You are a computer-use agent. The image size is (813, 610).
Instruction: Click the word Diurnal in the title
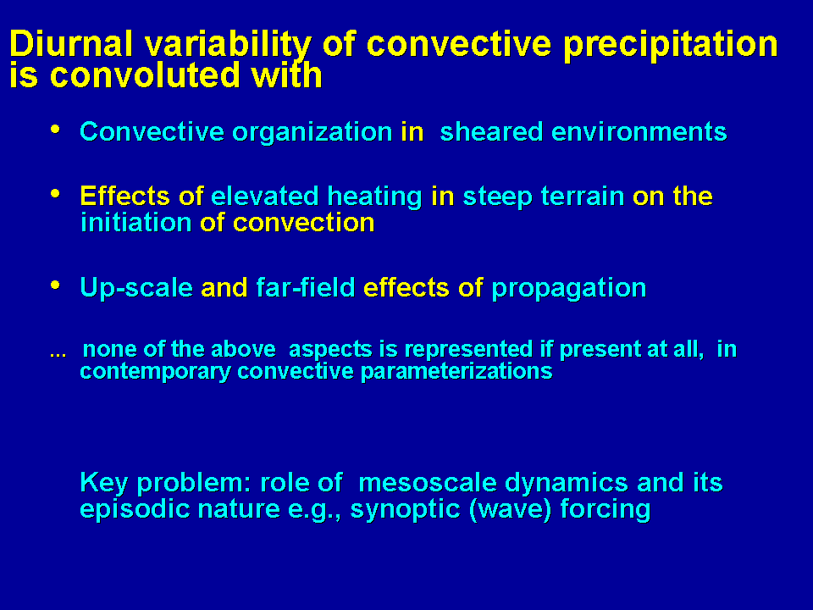[x=71, y=43]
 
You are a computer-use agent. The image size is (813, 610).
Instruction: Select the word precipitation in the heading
[x=671, y=46]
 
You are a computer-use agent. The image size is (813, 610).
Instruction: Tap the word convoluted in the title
[x=145, y=75]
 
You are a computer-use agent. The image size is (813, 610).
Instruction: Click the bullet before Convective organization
[x=56, y=129]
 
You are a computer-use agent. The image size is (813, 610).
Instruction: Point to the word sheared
[x=490, y=132]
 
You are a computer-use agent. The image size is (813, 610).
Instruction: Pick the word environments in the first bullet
[x=639, y=132]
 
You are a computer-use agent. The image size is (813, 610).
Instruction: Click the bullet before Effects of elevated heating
[x=56, y=193]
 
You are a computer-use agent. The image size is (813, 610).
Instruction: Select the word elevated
[x=264, y=196]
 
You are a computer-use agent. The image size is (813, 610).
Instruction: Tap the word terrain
[x=582, y=196]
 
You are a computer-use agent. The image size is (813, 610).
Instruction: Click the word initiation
[x=135, y=223]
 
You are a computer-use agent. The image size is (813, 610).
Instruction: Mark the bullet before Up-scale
[x=56, y=285]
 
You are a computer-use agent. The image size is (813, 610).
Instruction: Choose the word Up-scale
[x=136, y=288]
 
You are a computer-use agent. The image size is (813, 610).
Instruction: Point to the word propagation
[x=568, y=289]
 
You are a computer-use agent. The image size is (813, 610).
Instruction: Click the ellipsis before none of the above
[x=58, y=355]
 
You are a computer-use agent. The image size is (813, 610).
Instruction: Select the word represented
[x=468, y=350]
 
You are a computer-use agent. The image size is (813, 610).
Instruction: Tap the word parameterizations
[x=456, y=372]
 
